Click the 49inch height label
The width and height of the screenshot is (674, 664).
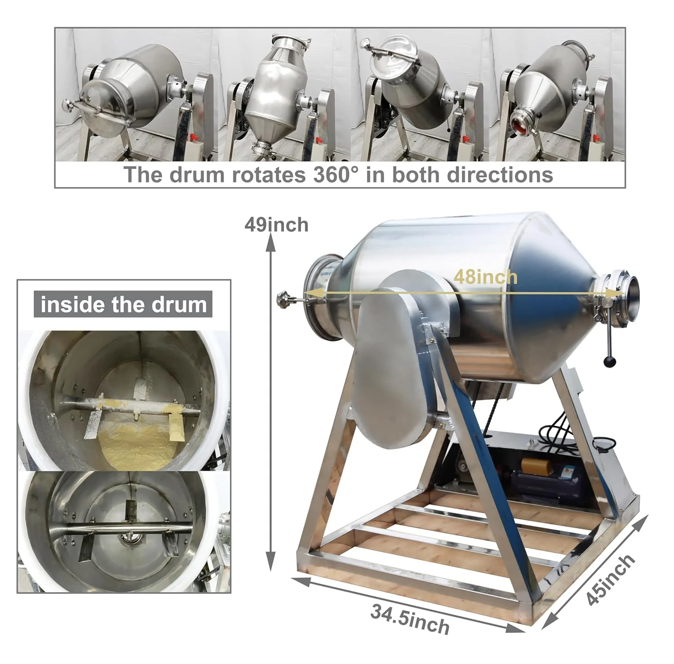click(x=276, y=225)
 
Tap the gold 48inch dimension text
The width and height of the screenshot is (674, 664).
click(x=485, y=277)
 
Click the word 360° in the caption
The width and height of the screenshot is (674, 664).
click(x=336, y=174)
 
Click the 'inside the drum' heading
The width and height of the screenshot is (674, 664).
click(x=123, y=304)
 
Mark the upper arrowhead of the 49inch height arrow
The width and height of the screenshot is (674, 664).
click(x=270, y=243)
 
